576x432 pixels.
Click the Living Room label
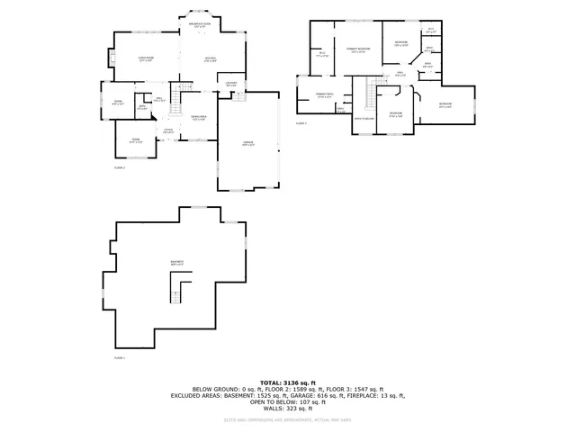click(x=145, y=60)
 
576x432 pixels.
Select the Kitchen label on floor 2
click(x=210, y=60)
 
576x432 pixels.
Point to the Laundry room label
click(x=231, y=85)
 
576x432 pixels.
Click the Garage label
click(x=247, y=144)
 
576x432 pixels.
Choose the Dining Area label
click(x=200, y=118)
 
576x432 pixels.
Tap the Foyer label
click(x=168, y=130)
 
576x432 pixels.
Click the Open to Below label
click(x=364, y=118)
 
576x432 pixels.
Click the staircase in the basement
click(x=180, y=290)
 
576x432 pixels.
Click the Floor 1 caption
click(x=120, y=357)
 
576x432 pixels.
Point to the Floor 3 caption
click(x=301, y=122)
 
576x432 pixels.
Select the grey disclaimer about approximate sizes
click(x=288, y=419)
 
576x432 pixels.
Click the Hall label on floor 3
click(x=400, y=75)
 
